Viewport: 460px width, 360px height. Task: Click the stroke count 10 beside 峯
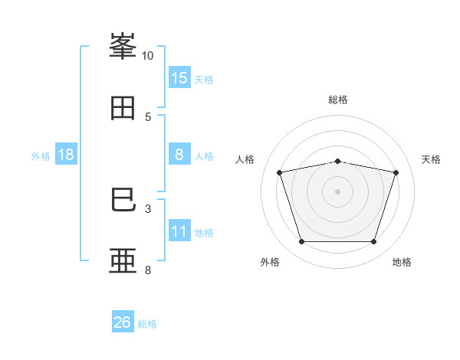click(147, 56)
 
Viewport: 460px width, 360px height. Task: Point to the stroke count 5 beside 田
click(147, 116)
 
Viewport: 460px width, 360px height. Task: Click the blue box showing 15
click(179, 78)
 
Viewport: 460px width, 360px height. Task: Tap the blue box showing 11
click(179, 231)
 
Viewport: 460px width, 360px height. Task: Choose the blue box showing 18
click(66, 155)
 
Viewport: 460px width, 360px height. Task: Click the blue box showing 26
click(123, 322)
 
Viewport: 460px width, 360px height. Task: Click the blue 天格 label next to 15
click(204, 79)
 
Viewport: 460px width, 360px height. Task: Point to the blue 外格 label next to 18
click(41, 155)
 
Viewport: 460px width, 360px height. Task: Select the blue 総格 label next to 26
click(147, 323)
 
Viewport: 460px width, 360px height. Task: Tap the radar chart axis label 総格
click(338, 100)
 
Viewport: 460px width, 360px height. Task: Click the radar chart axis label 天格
click(431, 159)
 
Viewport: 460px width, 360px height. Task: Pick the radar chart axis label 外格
click(270, 262)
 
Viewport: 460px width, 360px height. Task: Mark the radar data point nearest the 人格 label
click(280, 172)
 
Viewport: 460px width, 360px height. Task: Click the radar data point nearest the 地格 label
click(373, 242)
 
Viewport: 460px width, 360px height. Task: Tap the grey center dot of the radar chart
click(338, 191)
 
